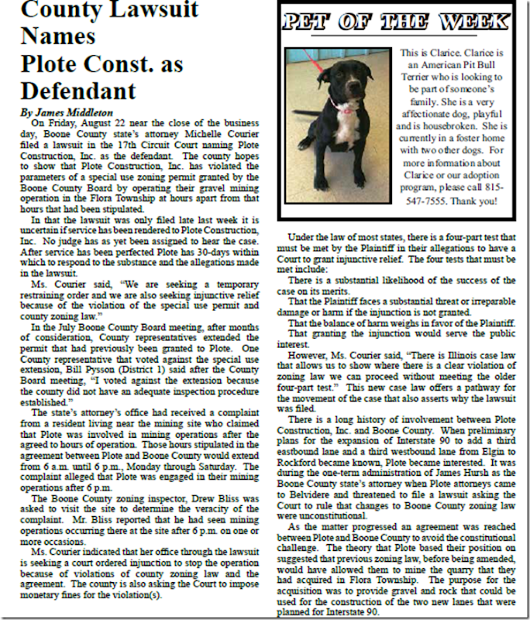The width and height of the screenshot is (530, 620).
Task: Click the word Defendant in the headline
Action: coord(74,90)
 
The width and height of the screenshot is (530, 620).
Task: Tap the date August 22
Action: coord(105,122)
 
